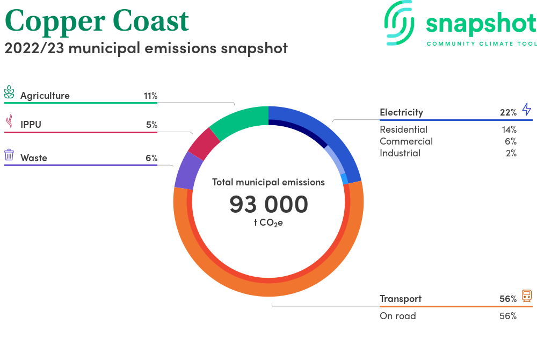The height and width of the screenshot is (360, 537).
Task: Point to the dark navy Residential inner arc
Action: [301, 130]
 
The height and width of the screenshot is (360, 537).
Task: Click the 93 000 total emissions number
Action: [268, 204]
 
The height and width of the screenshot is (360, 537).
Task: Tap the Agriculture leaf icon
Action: [9, 92]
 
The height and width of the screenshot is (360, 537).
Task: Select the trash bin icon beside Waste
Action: [9, 155]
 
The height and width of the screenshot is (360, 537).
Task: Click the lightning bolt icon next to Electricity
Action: [526, 109]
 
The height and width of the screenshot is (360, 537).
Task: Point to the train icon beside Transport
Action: [527, 296]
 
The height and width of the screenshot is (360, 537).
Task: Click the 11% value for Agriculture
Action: [150, 96]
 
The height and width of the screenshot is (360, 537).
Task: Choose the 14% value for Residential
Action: [509, 130]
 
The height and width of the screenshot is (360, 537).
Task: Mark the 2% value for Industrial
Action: [511, 153]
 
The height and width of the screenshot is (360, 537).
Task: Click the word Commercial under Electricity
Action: [406, 141]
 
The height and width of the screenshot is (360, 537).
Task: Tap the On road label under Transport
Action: [397, 316]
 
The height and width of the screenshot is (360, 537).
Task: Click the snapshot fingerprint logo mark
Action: [399, 23]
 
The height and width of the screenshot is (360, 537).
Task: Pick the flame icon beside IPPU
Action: [9, 121]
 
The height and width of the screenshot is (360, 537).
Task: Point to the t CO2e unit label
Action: [268, 223]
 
